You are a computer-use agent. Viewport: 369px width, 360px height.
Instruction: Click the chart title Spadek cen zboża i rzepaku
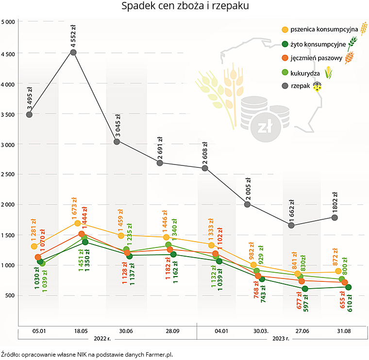pyautogui.click(x=184, y=7)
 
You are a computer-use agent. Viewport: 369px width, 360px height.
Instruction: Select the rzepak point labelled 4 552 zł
pyautogui.click(x=73, y=52)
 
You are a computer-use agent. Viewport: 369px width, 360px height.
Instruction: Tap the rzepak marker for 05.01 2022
pyautogui.click(x=29, y=115)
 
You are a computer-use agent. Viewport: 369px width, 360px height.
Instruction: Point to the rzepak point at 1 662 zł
pyautogui.click(x=291, y=225)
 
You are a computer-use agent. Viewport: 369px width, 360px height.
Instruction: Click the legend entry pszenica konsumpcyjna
pyautogui.click(x=324, y=30)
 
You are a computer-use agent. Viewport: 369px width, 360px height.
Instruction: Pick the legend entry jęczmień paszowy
pyautogui.click(x=317, y=59)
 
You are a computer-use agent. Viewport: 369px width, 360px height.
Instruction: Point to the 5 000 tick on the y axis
pyautogui.click(x=8, y=22)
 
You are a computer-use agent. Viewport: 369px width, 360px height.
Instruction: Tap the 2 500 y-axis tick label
pyautogui.click(x=8, y=174)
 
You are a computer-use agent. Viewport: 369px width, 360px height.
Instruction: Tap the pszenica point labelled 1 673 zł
pyautogui.click(x=78, y=224)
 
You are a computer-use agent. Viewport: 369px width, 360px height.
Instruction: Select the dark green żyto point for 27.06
pyautogui.click(x=305, y=289)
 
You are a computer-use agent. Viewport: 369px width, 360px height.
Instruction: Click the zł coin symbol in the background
pyautogui.click(x=264, y=127)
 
